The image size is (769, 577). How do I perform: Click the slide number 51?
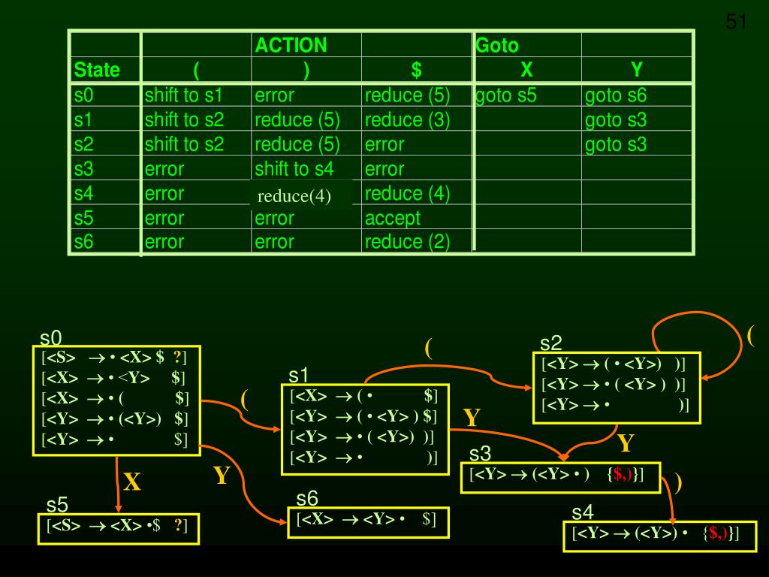[x=737, y=23]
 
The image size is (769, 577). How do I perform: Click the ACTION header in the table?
[x=291, y=45]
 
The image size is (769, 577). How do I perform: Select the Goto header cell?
[x=497, y=45]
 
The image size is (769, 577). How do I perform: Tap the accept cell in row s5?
[x=392, y=218]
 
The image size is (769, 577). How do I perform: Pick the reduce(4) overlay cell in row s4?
[x=294, y=197]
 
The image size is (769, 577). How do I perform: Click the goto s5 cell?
[x=506, y=95]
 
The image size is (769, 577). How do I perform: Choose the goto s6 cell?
[x=616, y=95]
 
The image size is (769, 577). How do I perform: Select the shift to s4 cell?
[x=294, y=168]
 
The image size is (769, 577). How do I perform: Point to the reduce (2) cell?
[x=407, y=241]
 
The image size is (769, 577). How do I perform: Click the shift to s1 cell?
[x=184, y=95]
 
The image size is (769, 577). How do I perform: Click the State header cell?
[x=97, y=71]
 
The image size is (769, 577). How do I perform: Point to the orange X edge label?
[x=132, y=482]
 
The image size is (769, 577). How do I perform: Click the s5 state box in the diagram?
[x=119, y=528]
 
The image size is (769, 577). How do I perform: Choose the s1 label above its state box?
[x=298, y=374]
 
